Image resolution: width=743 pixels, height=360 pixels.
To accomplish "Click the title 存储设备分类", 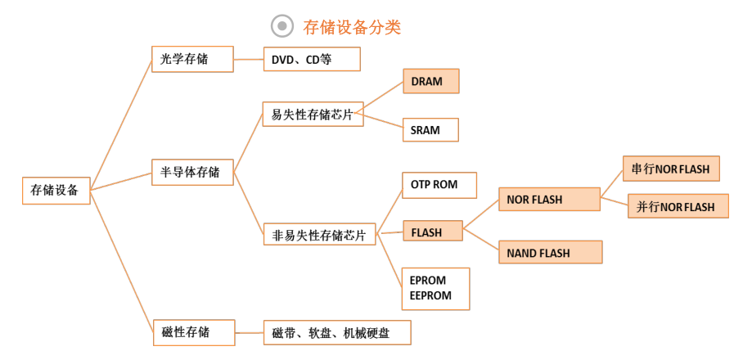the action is click(352, 27).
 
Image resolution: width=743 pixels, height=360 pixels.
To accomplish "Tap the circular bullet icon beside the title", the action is click(282, 26).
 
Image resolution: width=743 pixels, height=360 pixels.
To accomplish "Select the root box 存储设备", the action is click(56, 191).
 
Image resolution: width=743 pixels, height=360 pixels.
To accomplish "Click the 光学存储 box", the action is click(192, 59).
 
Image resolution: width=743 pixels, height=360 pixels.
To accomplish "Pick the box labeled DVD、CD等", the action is click(312, 59).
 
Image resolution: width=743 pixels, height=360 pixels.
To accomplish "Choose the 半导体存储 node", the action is click(192, 172).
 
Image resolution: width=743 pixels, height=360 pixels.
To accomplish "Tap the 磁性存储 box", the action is click(194, 332).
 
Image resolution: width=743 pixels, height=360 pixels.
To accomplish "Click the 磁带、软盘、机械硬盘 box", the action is click(337, 332).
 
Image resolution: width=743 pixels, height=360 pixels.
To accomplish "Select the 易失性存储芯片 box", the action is click(313, 115).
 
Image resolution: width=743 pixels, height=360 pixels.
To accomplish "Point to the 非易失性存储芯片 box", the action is click(319, 234).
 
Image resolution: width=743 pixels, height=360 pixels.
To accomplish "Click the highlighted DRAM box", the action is click(430, 81).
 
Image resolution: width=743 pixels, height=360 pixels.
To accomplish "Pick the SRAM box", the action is click(430, 130).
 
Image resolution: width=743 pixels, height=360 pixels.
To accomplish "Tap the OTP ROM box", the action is click(439, 185).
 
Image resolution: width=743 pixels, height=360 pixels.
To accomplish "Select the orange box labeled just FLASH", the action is click(433, 231).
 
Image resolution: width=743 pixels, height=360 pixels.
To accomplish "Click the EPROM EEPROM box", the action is click(435, 289).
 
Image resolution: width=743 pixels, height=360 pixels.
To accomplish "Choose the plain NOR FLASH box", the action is click(550, 199).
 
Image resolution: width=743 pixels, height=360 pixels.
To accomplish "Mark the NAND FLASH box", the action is click(550, 252).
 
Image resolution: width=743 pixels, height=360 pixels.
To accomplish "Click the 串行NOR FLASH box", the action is click(671, 169).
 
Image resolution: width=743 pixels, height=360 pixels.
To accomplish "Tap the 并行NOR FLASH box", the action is click(678, 206).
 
